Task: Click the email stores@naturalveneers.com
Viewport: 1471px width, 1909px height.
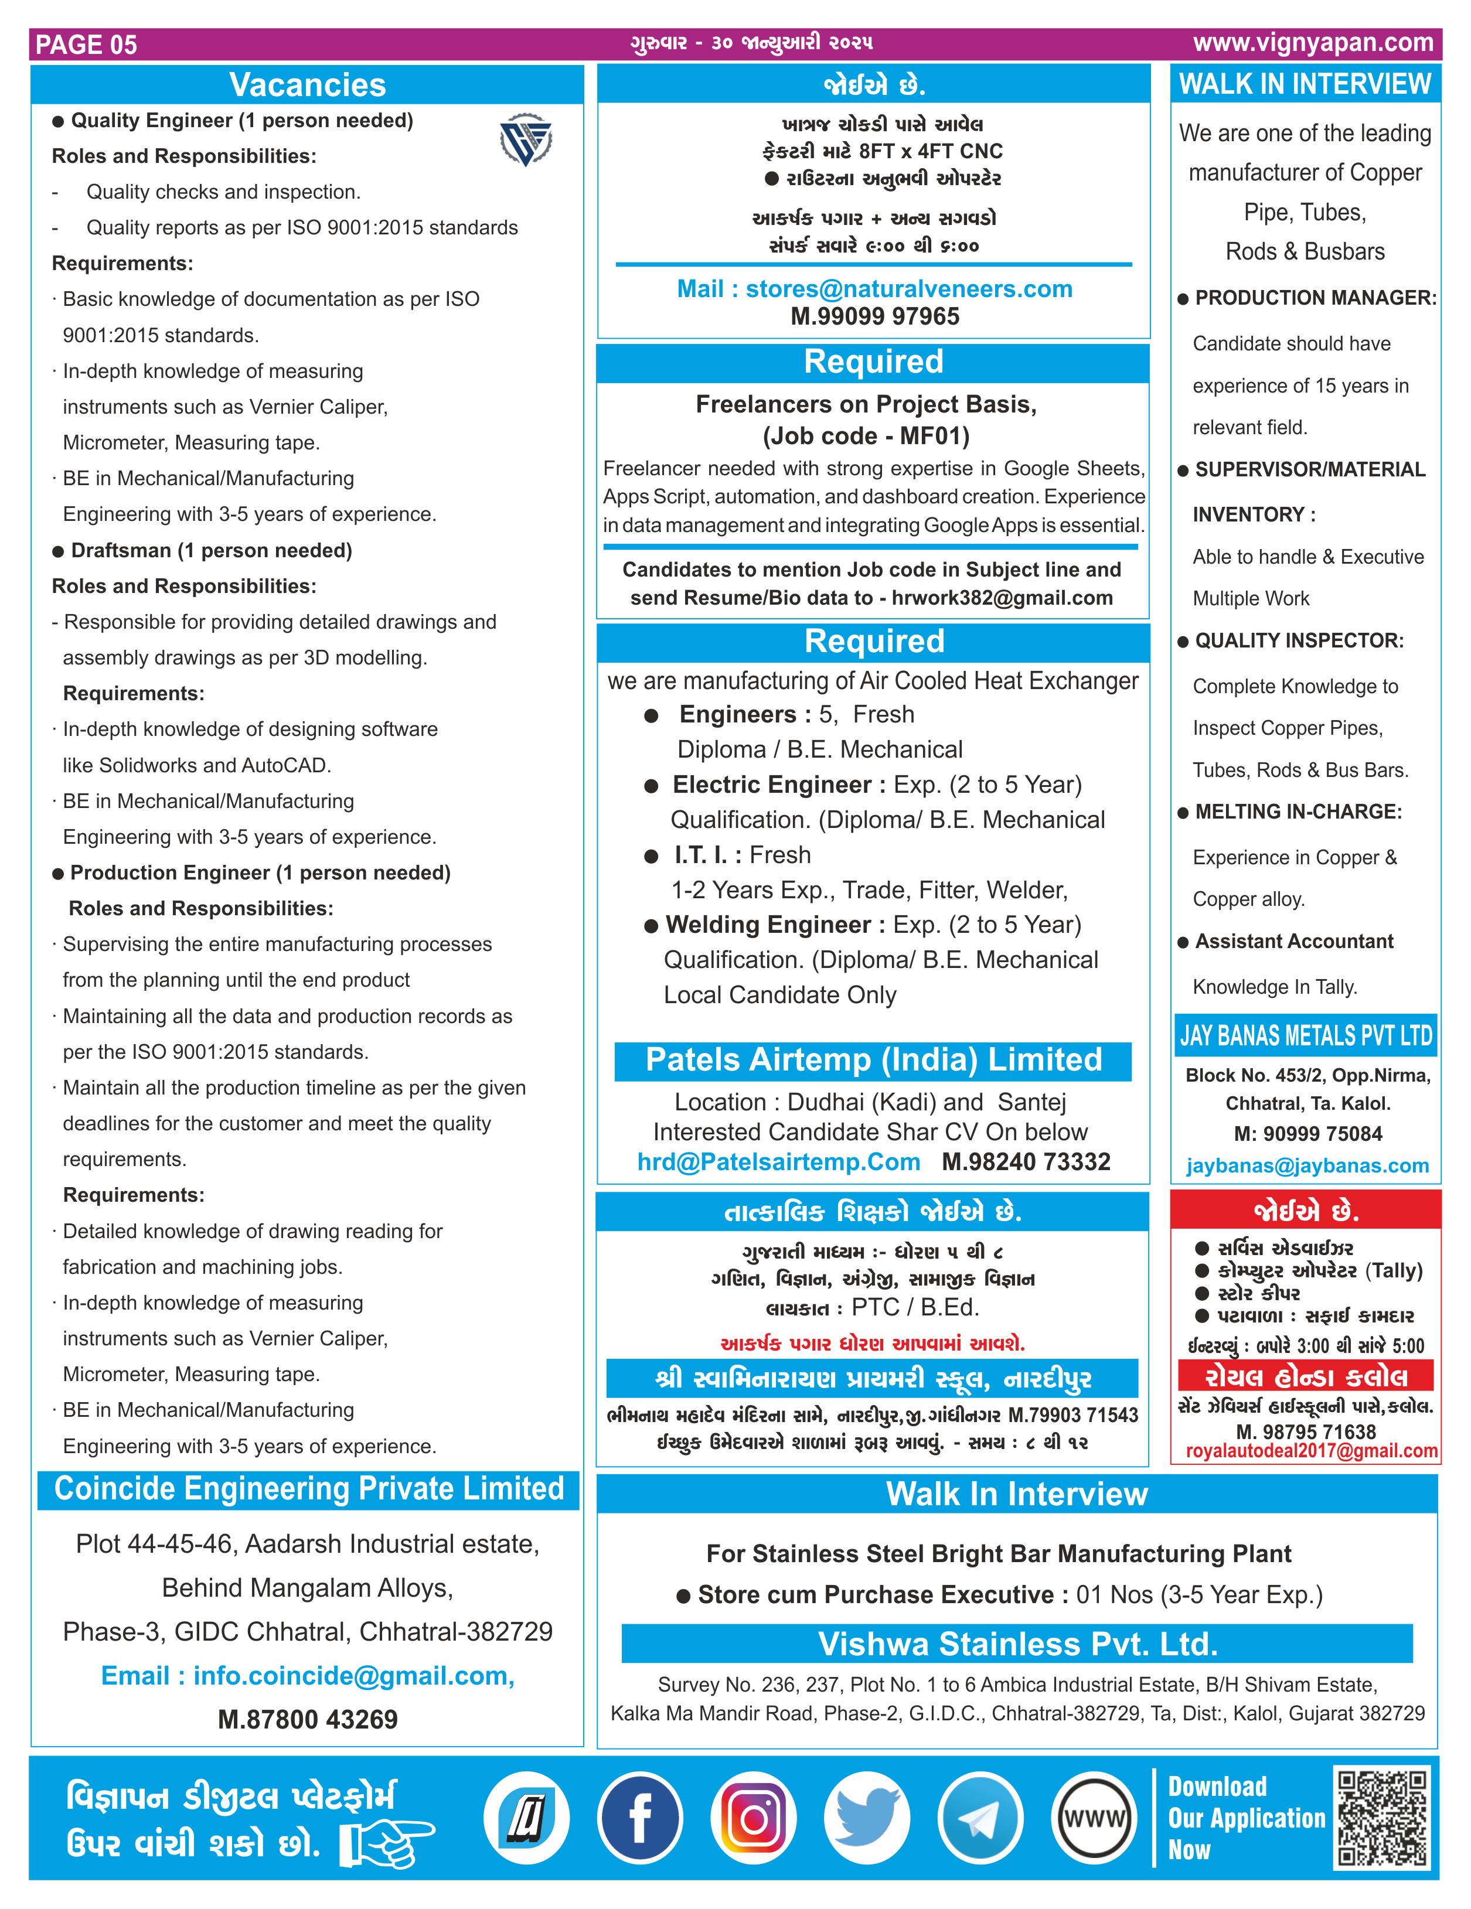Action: click(x=908, y=289)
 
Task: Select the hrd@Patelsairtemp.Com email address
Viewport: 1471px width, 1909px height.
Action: click(x=779, y=1162)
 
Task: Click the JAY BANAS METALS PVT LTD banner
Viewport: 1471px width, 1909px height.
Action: click(x=1306, y=1036)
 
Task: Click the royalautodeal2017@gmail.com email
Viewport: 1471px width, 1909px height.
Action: click(x=1311, y=1451)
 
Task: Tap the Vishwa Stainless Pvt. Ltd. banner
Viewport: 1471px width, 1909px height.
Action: click(x=1017, y=1644)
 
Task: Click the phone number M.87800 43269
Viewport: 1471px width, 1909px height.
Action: click(x=308, y=1719)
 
